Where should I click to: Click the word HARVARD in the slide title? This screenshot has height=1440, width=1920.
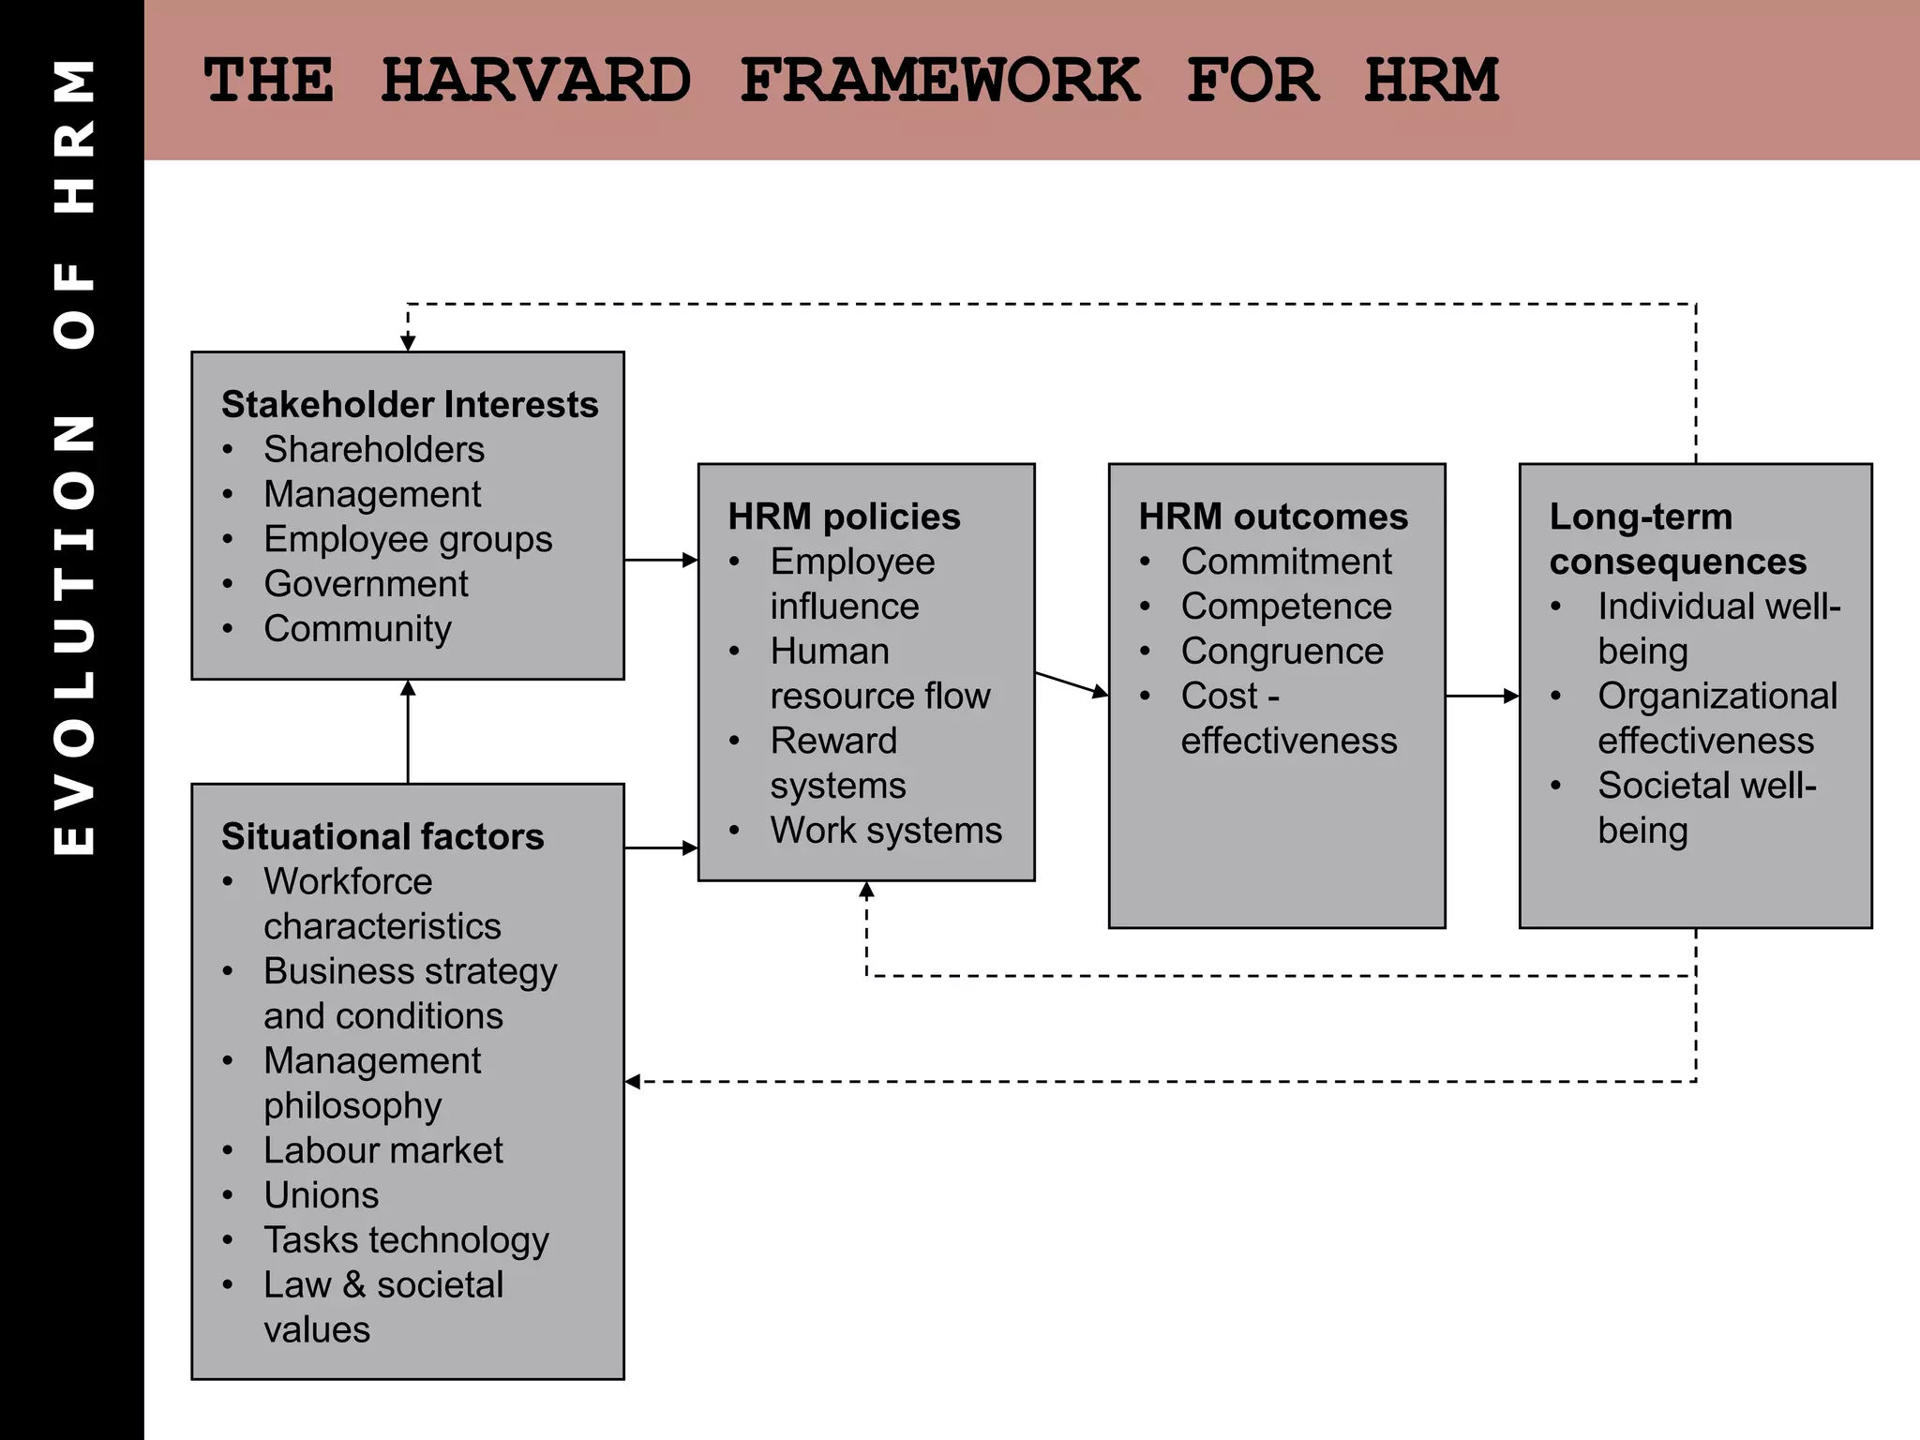(536, 81)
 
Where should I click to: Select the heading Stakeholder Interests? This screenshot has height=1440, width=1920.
(410, 405)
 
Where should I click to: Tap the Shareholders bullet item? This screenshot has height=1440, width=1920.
(374, 450)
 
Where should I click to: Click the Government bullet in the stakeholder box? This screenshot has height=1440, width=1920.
(366, 584)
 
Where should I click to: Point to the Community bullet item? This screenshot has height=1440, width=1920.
(357, 629)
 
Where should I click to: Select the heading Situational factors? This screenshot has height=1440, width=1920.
(382, 836)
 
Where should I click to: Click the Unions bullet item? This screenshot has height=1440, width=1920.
(322, 1195)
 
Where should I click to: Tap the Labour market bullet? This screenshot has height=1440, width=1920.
(382, 1150)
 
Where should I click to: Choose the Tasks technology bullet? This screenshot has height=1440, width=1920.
(406, 1240)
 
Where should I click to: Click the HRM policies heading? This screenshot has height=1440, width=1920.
(844, 517)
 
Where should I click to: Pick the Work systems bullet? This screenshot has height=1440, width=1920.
(886, 831)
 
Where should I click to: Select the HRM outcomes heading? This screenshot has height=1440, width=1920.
(1273, 517)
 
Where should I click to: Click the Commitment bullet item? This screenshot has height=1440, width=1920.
(1286, 562)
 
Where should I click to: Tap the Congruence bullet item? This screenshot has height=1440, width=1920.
(1282, 652)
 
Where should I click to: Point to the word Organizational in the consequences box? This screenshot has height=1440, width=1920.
(1717, 697)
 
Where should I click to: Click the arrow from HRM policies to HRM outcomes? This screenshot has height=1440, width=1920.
(1072, 684)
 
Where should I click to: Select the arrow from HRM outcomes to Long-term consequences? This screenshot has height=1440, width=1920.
(1482, 696)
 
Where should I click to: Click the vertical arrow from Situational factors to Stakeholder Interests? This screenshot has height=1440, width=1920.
(408, 732)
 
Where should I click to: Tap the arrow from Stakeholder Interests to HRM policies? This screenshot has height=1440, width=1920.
(661, 560)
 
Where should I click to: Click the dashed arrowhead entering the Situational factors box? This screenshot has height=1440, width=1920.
(634, 1082)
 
